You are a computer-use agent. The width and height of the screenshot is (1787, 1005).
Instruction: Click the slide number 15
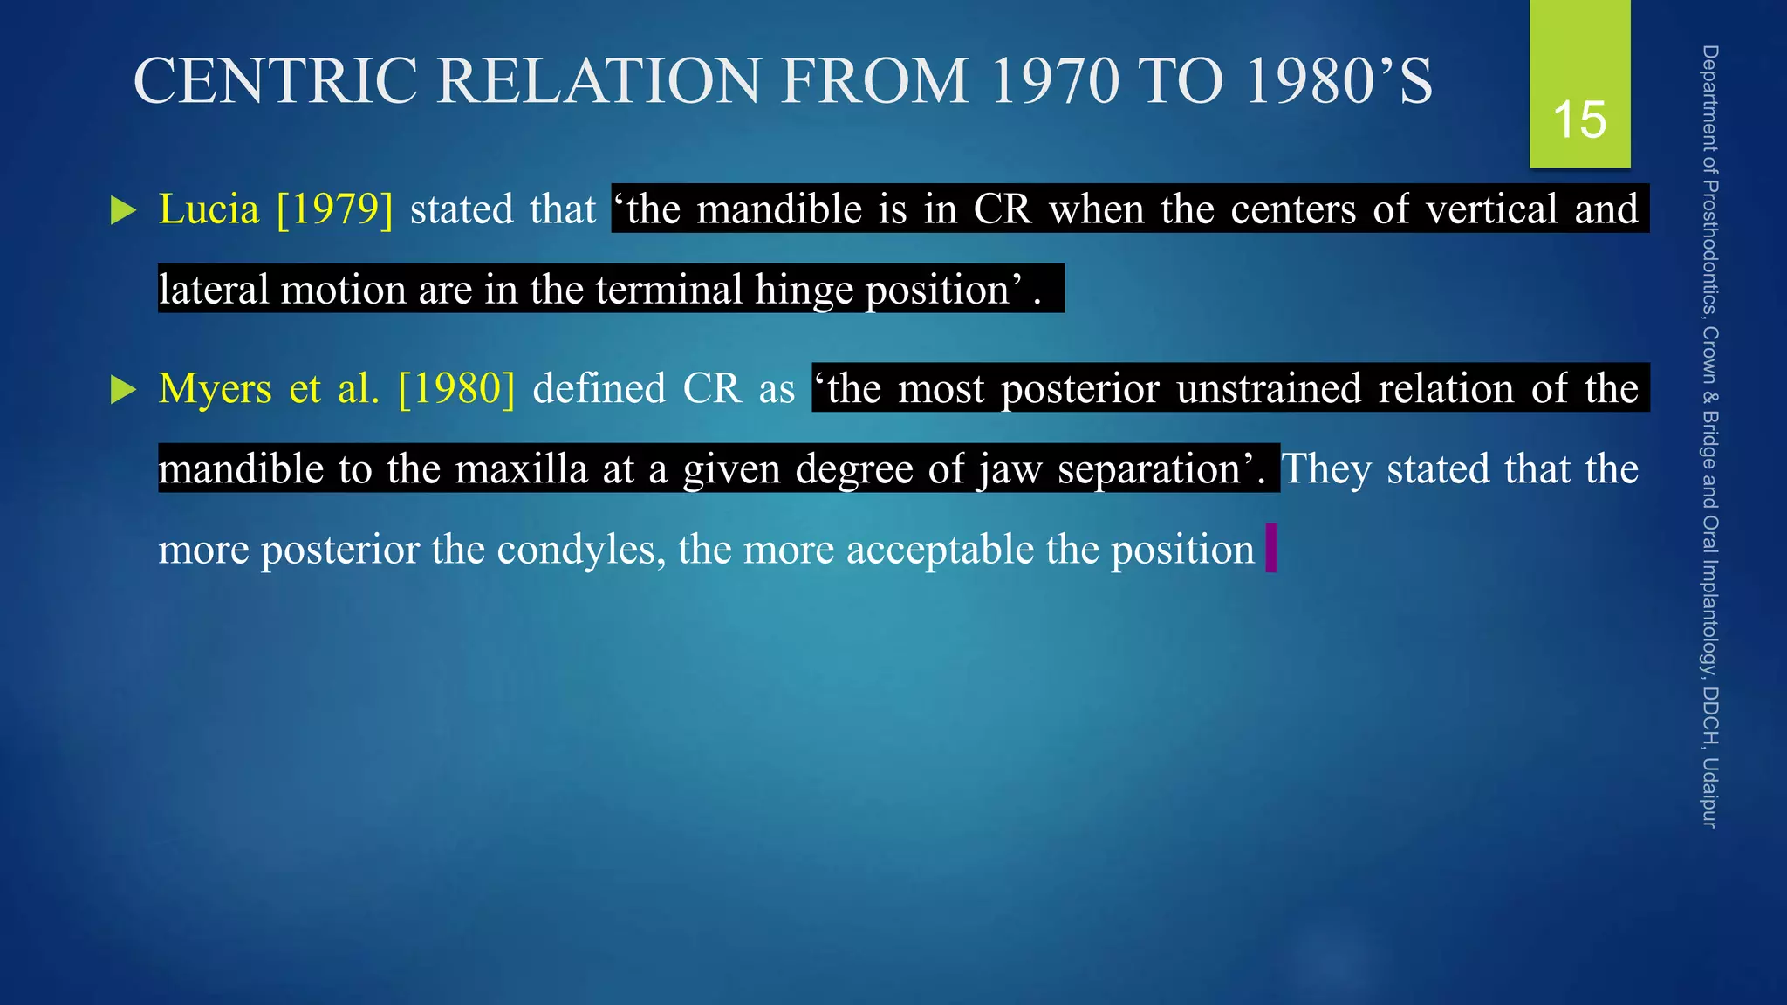click(x=1579, y=120)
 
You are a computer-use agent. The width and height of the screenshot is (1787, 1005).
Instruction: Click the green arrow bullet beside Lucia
click(x=124, y=210)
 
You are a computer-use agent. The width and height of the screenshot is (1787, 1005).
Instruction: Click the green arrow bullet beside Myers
click(x=124, y=390)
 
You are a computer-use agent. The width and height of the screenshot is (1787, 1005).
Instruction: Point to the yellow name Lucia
click(x=209, y=209)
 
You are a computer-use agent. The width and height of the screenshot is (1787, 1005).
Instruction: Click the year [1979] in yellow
click(x=334, y=209)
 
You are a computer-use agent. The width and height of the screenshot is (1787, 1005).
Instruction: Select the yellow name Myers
click(x=215, y=389)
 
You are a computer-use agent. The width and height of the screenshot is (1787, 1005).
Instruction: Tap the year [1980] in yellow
click(x=456, y=389)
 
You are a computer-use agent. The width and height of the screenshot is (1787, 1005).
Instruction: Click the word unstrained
click(x=1269, y=389)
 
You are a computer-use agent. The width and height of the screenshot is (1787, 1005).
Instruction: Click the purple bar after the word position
click(x=1271, y=548)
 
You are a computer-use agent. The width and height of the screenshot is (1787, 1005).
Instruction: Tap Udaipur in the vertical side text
click(x=1709, y=792)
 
